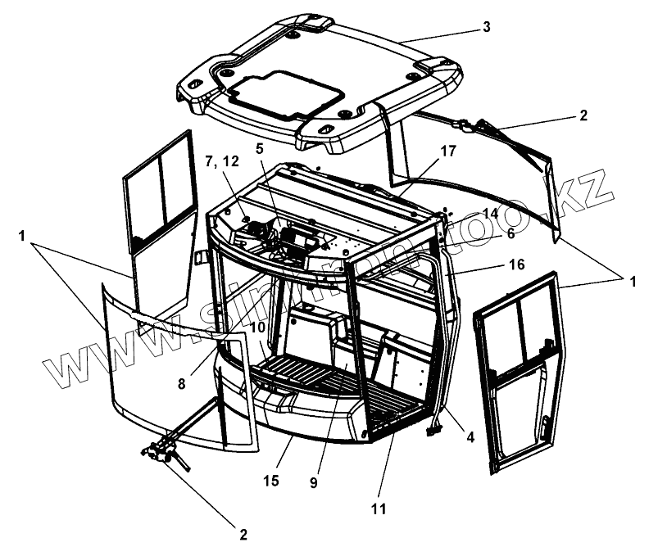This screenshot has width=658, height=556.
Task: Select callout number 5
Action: (x=260, y=149)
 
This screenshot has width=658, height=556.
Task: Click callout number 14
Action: (x=490, y=213)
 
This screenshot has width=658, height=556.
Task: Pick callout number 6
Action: (x=510, y=233)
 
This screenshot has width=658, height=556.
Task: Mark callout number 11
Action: (x=378, y=509)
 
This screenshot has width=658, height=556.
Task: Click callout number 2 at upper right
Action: (x=583, y=116)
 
